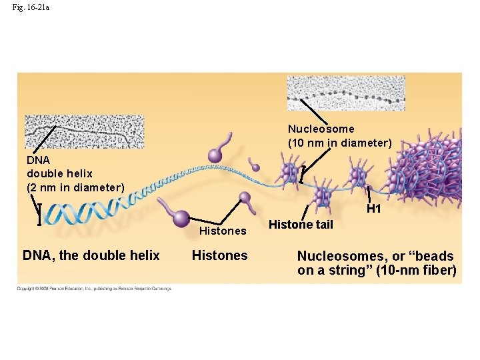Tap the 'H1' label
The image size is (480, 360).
click(x=373, y=209)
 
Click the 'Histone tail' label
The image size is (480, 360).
click(x=300, y=225)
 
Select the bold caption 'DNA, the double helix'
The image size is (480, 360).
click(x=91, y=255)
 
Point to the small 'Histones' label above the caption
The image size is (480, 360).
click(x=223, y=231)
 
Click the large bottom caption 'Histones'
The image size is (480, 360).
click(x=219, y=255)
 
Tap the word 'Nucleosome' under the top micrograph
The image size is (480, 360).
click(x=321, y=129)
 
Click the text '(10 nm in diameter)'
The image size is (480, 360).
click(x=339, y=143)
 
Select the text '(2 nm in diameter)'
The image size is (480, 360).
click(x=75, y=187)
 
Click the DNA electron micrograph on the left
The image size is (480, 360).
click(x=84, y=131)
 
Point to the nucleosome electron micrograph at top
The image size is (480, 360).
click(x=345, y=93)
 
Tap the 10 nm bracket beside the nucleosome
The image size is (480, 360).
click(x=302, y=174)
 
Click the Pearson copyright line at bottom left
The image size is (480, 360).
click(x=94, y=289)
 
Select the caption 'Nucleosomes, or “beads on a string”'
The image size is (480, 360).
click(x=377, y=263)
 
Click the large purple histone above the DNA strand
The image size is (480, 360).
click(x=216, y=154)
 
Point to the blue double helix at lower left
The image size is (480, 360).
click(x=80, y=212)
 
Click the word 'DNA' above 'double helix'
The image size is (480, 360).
click(x=37, y=160)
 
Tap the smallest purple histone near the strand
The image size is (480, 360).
click(x=254, y=166)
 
